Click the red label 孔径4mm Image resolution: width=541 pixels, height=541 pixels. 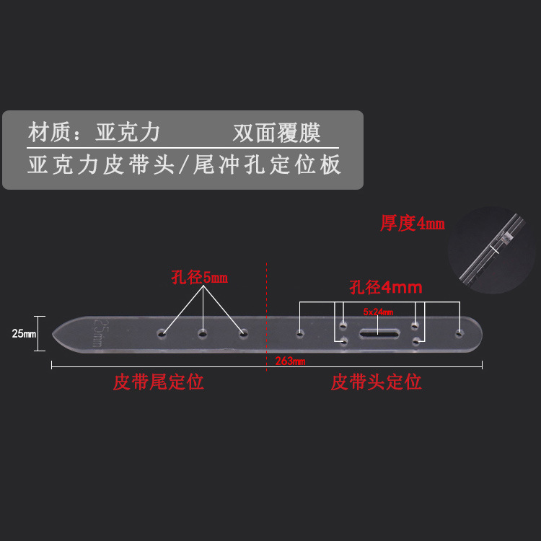tap(385, 287)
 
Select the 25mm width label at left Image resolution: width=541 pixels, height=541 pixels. tap(24, 333)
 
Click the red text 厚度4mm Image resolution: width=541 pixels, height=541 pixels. tap(413, 224)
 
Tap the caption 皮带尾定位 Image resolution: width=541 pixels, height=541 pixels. tap(158, 382)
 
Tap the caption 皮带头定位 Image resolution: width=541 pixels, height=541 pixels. tap(376, 382)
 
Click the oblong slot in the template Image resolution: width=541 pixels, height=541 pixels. tap(378, 333)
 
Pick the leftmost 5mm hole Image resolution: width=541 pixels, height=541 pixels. tap(164, 334)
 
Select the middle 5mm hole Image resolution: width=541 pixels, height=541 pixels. tap(203, 333)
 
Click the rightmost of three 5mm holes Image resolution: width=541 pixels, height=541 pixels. tap(243, 333)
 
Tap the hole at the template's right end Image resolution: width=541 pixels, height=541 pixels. tap(458, 333)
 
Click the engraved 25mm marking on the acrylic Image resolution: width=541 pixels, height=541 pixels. tap(101, 331)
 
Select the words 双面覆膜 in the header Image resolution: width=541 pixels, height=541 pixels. tap(276, 133)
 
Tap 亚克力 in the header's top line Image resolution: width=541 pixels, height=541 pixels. tap(128, 133)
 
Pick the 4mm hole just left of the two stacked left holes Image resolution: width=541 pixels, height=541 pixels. tap(299, 333)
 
